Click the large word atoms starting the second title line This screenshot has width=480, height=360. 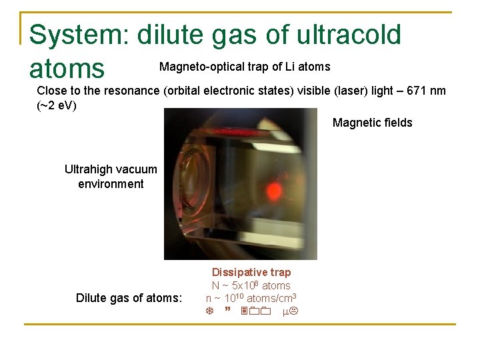point(67,69)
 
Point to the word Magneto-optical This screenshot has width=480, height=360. point(195,67)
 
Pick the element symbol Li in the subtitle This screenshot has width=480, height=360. point(284,67)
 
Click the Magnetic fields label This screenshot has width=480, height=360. point(372,123)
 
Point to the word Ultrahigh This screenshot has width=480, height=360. point(89,169)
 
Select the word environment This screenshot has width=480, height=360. point(111,184)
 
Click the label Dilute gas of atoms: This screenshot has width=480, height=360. point(129,298)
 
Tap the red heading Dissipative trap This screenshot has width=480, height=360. point(251,272)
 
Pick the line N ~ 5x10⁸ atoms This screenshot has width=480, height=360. point(251,285)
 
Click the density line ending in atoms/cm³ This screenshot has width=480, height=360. point(251,298)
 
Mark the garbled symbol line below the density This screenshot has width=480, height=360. point(251,311)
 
